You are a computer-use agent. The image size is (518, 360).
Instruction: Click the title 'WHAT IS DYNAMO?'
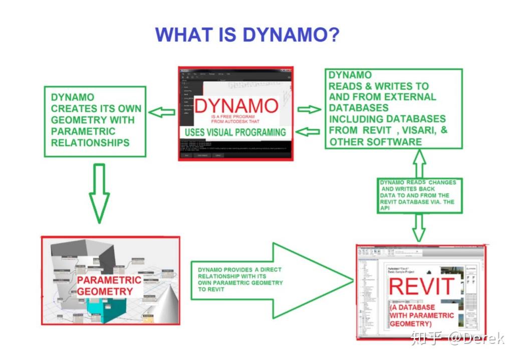(247, 35)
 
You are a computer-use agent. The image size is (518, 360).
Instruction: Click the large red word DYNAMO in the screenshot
(236, 106)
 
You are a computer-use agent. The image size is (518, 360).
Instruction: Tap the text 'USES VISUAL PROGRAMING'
(235, 132)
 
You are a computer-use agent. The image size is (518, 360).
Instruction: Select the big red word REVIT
(421, 286)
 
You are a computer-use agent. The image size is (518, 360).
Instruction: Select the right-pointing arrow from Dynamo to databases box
(309, 109)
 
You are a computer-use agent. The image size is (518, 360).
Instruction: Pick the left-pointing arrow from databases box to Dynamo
(309, 131)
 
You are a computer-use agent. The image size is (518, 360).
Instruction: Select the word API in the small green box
(385, 208)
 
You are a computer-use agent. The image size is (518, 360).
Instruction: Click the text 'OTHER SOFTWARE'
(375, 142)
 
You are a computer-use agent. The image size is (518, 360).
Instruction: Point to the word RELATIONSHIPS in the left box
(90, 142)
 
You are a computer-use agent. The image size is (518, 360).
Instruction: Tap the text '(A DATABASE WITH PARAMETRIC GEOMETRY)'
(421, 315)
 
